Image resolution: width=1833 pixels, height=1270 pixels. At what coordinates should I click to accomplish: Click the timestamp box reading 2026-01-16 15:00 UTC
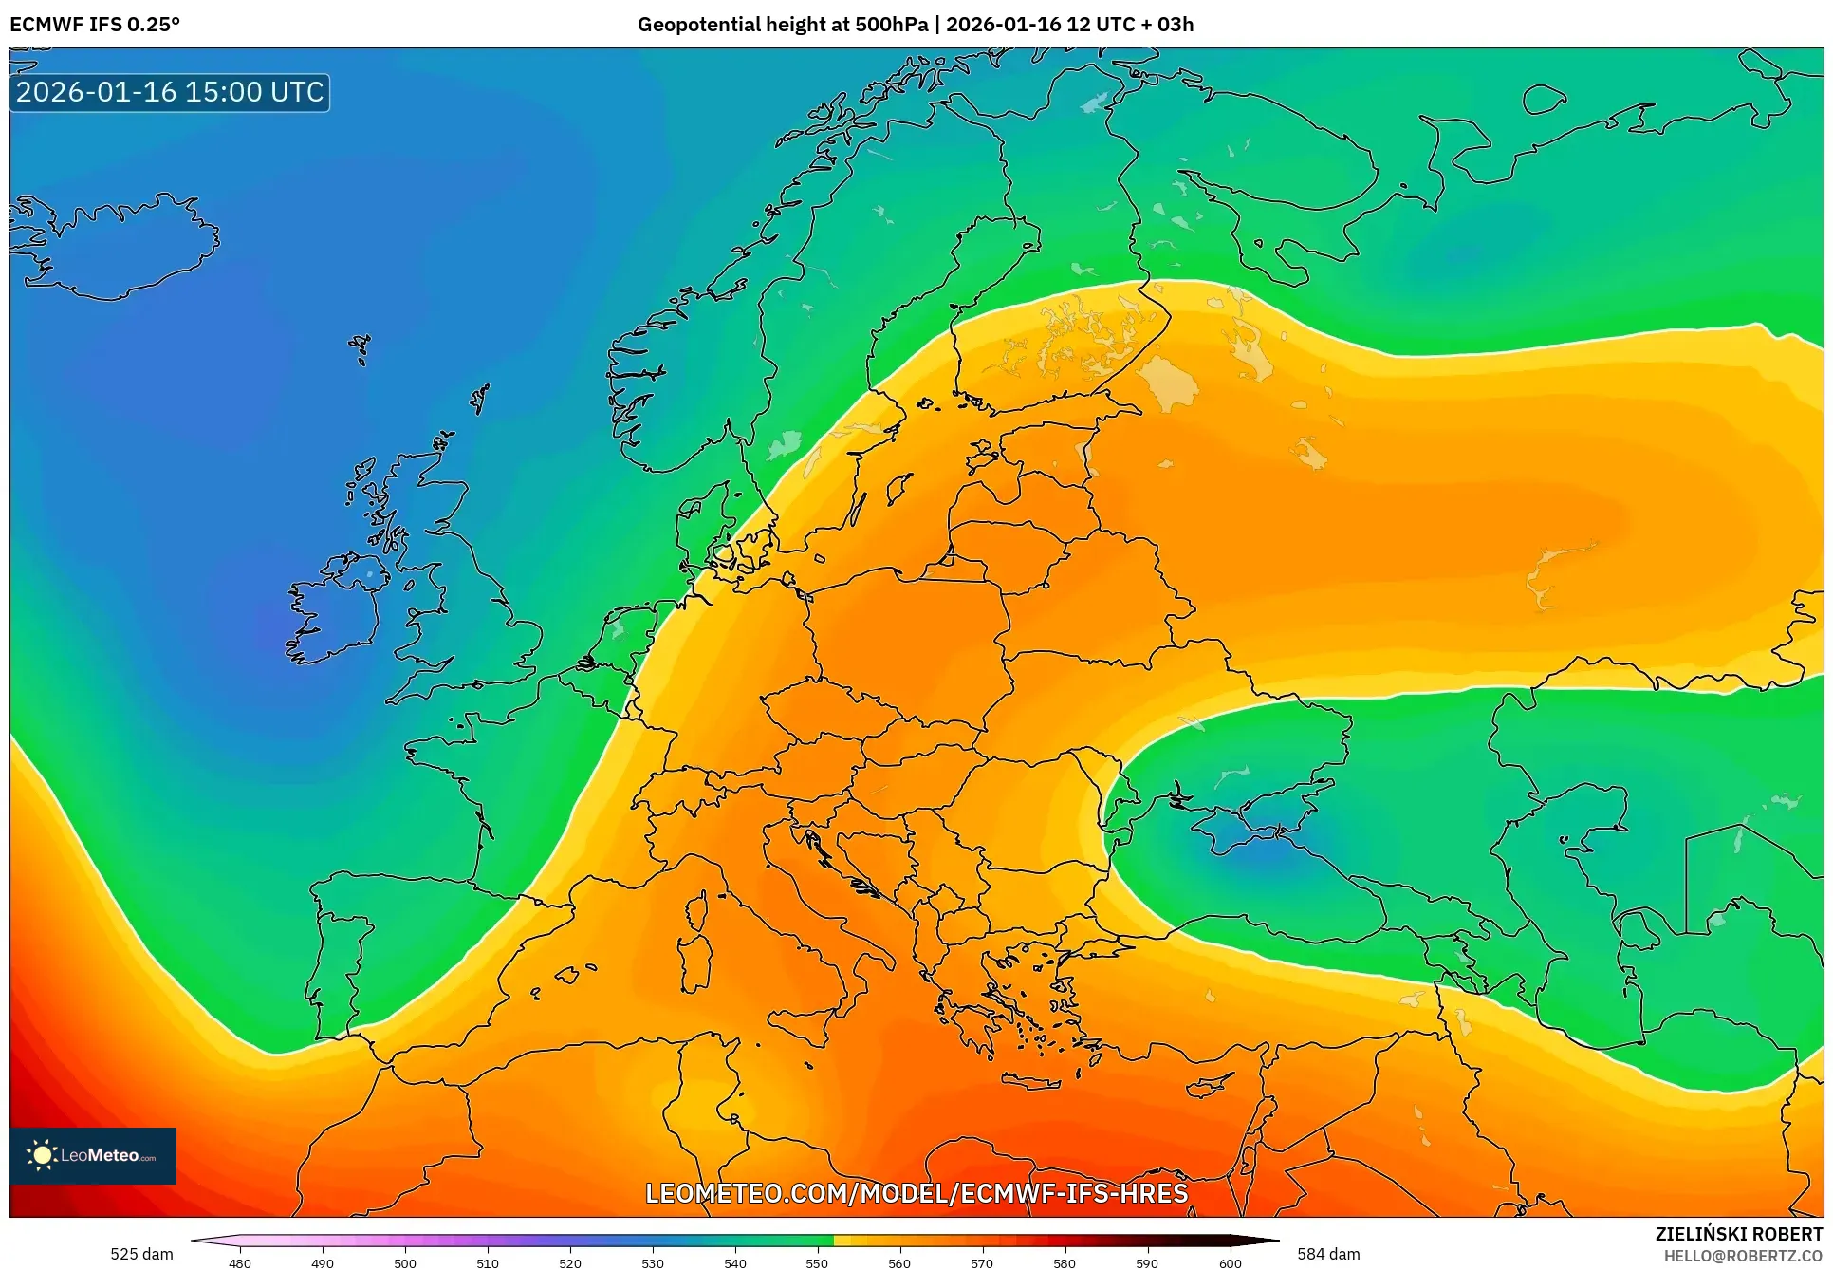coord(170,92)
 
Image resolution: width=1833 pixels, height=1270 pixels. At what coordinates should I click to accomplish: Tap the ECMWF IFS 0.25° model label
coord(95,25)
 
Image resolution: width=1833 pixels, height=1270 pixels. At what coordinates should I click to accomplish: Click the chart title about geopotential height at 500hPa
coord(915,25)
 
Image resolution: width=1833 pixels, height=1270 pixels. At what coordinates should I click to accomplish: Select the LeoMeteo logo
coord(93,1155)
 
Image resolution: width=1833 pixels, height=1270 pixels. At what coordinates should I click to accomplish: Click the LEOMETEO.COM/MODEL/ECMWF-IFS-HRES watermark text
coord(916,1193)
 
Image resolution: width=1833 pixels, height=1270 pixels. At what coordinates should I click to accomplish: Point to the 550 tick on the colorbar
coord(817,1263)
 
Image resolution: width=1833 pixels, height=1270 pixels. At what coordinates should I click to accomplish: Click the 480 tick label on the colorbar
coord(240,1263)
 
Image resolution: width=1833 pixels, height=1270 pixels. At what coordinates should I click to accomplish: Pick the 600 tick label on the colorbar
coord(1230,1263)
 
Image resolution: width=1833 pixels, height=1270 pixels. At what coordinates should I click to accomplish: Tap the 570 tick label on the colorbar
coord(982,1263)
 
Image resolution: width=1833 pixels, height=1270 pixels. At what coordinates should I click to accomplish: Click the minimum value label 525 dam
coord(141,1254)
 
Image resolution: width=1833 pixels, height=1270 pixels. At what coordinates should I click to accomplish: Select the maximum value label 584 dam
coord(1328,1254)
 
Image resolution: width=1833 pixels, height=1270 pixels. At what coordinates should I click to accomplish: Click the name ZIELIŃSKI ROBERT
coord(1738,1234)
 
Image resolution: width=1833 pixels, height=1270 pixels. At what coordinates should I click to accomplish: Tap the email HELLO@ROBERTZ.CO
coord(1742,1256)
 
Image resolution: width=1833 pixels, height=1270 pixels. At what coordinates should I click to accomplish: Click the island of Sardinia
coord(697,963)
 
